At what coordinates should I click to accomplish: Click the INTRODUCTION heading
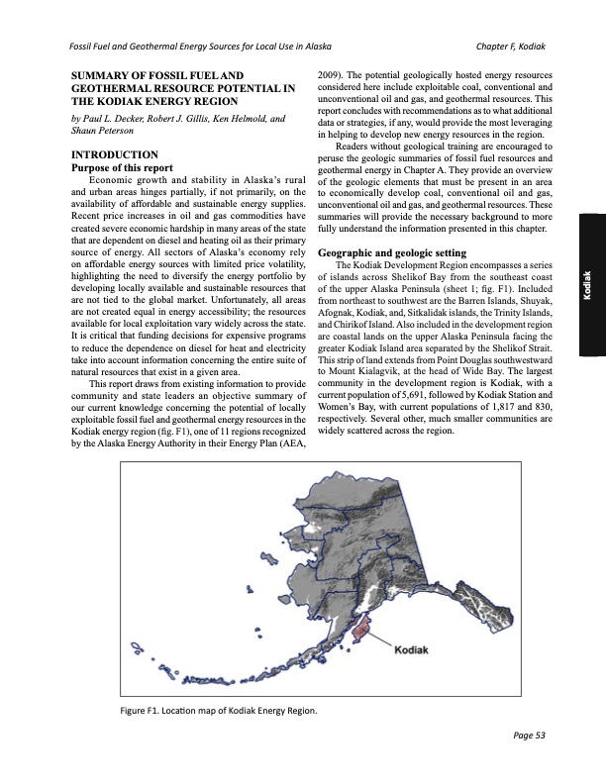coord(110,154)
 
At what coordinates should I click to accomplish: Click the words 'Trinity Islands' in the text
coord(522,306)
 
